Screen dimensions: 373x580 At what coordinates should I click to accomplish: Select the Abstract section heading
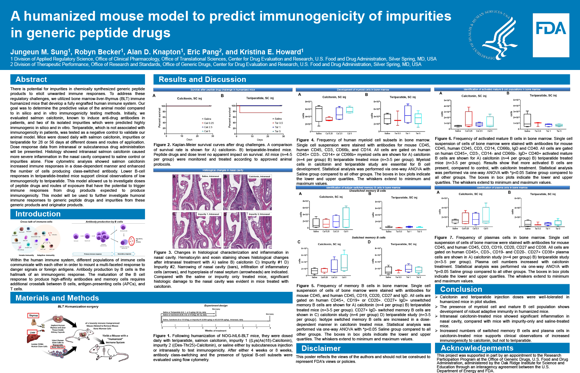point(31,79)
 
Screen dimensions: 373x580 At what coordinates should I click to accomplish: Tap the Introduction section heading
point(38,214)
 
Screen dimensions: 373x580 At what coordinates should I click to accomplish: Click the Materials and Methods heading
point(57,298)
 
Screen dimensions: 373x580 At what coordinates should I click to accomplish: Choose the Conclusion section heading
point(461,289)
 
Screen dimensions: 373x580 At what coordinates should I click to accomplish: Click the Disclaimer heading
point(321,348)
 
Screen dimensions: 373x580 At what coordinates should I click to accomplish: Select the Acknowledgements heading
point(477,348)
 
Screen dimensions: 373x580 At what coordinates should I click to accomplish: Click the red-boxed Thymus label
point(33,315)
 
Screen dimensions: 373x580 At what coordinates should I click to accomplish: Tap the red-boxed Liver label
point(33,332)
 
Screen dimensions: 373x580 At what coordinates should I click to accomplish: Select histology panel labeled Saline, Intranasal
point(197,193)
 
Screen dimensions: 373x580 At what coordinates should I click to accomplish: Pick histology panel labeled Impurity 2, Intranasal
point(248,231)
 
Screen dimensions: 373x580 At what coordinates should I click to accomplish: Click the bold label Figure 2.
point(162,145)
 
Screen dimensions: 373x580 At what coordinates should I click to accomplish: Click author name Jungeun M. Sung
point(39,52)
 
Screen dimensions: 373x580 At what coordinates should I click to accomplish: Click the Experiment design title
point(216,306)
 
